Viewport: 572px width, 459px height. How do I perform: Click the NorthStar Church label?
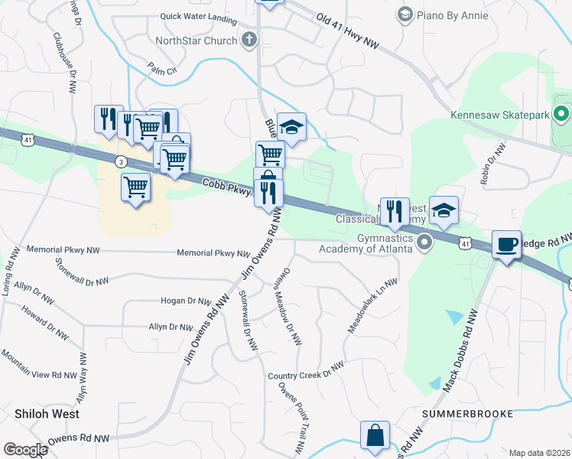click(197, 41)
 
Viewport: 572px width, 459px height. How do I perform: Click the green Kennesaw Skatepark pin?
click(562, 115)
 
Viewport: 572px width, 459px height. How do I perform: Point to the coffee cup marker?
click(506, 245)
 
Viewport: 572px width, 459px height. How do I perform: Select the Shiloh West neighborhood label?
click(47, 413)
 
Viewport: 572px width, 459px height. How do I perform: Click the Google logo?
click(24, 450)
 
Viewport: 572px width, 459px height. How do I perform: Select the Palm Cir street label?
click(162, 70)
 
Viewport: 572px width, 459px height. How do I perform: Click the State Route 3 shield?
click(120, 161)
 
